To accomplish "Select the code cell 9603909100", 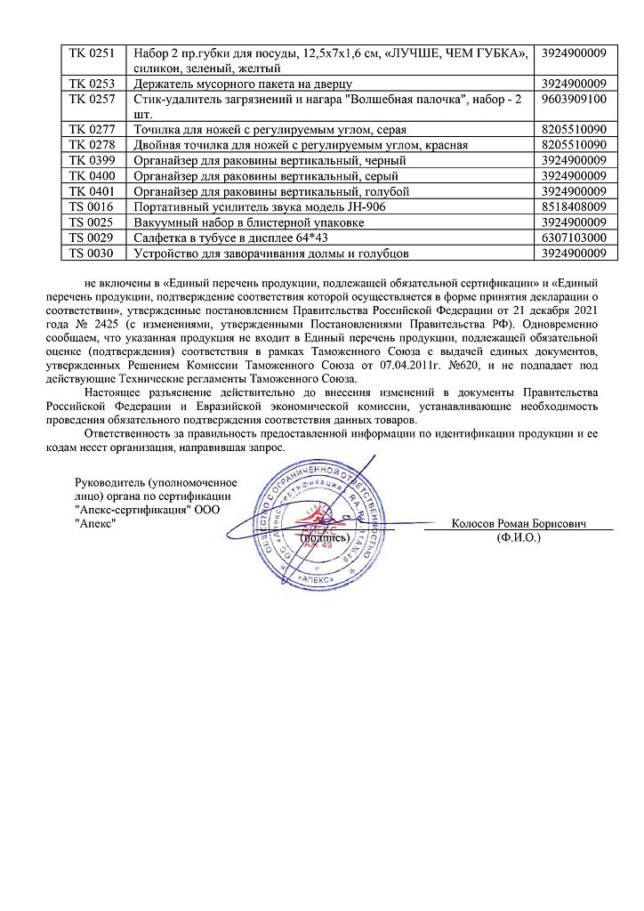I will [576, 99].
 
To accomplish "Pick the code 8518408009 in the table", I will [576, 206].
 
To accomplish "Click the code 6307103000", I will [576, 238].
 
